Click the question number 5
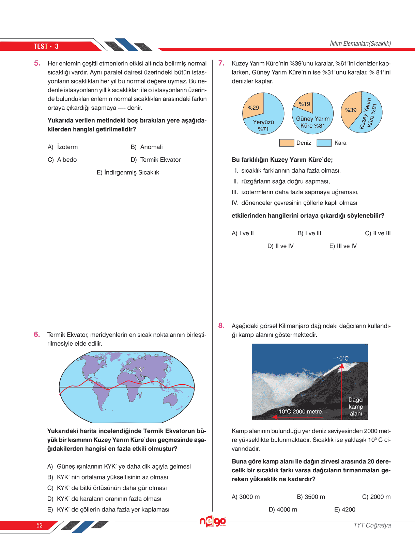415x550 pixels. point(37,63)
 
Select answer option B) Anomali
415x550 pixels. point(147,147)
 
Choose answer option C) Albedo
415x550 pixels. point(62,160)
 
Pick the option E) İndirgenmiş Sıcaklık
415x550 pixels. point(128,173)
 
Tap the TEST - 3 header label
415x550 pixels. point(46,46)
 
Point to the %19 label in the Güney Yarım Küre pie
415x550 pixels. point(304,104)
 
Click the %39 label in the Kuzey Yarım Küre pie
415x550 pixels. point(351,110)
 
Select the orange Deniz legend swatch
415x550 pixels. point(287,143)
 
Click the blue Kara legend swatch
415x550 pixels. point(324,143)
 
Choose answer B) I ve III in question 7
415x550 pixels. point(309,233)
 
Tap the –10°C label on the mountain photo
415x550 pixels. point(341,359)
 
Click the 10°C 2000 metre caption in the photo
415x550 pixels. point(300,411)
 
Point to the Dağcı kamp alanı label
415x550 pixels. point(356,407)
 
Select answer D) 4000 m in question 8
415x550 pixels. point(283,509)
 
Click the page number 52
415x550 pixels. point(40,525)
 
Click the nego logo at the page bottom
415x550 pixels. point(213,521)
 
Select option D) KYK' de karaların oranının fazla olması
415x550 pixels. point(104,499)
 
